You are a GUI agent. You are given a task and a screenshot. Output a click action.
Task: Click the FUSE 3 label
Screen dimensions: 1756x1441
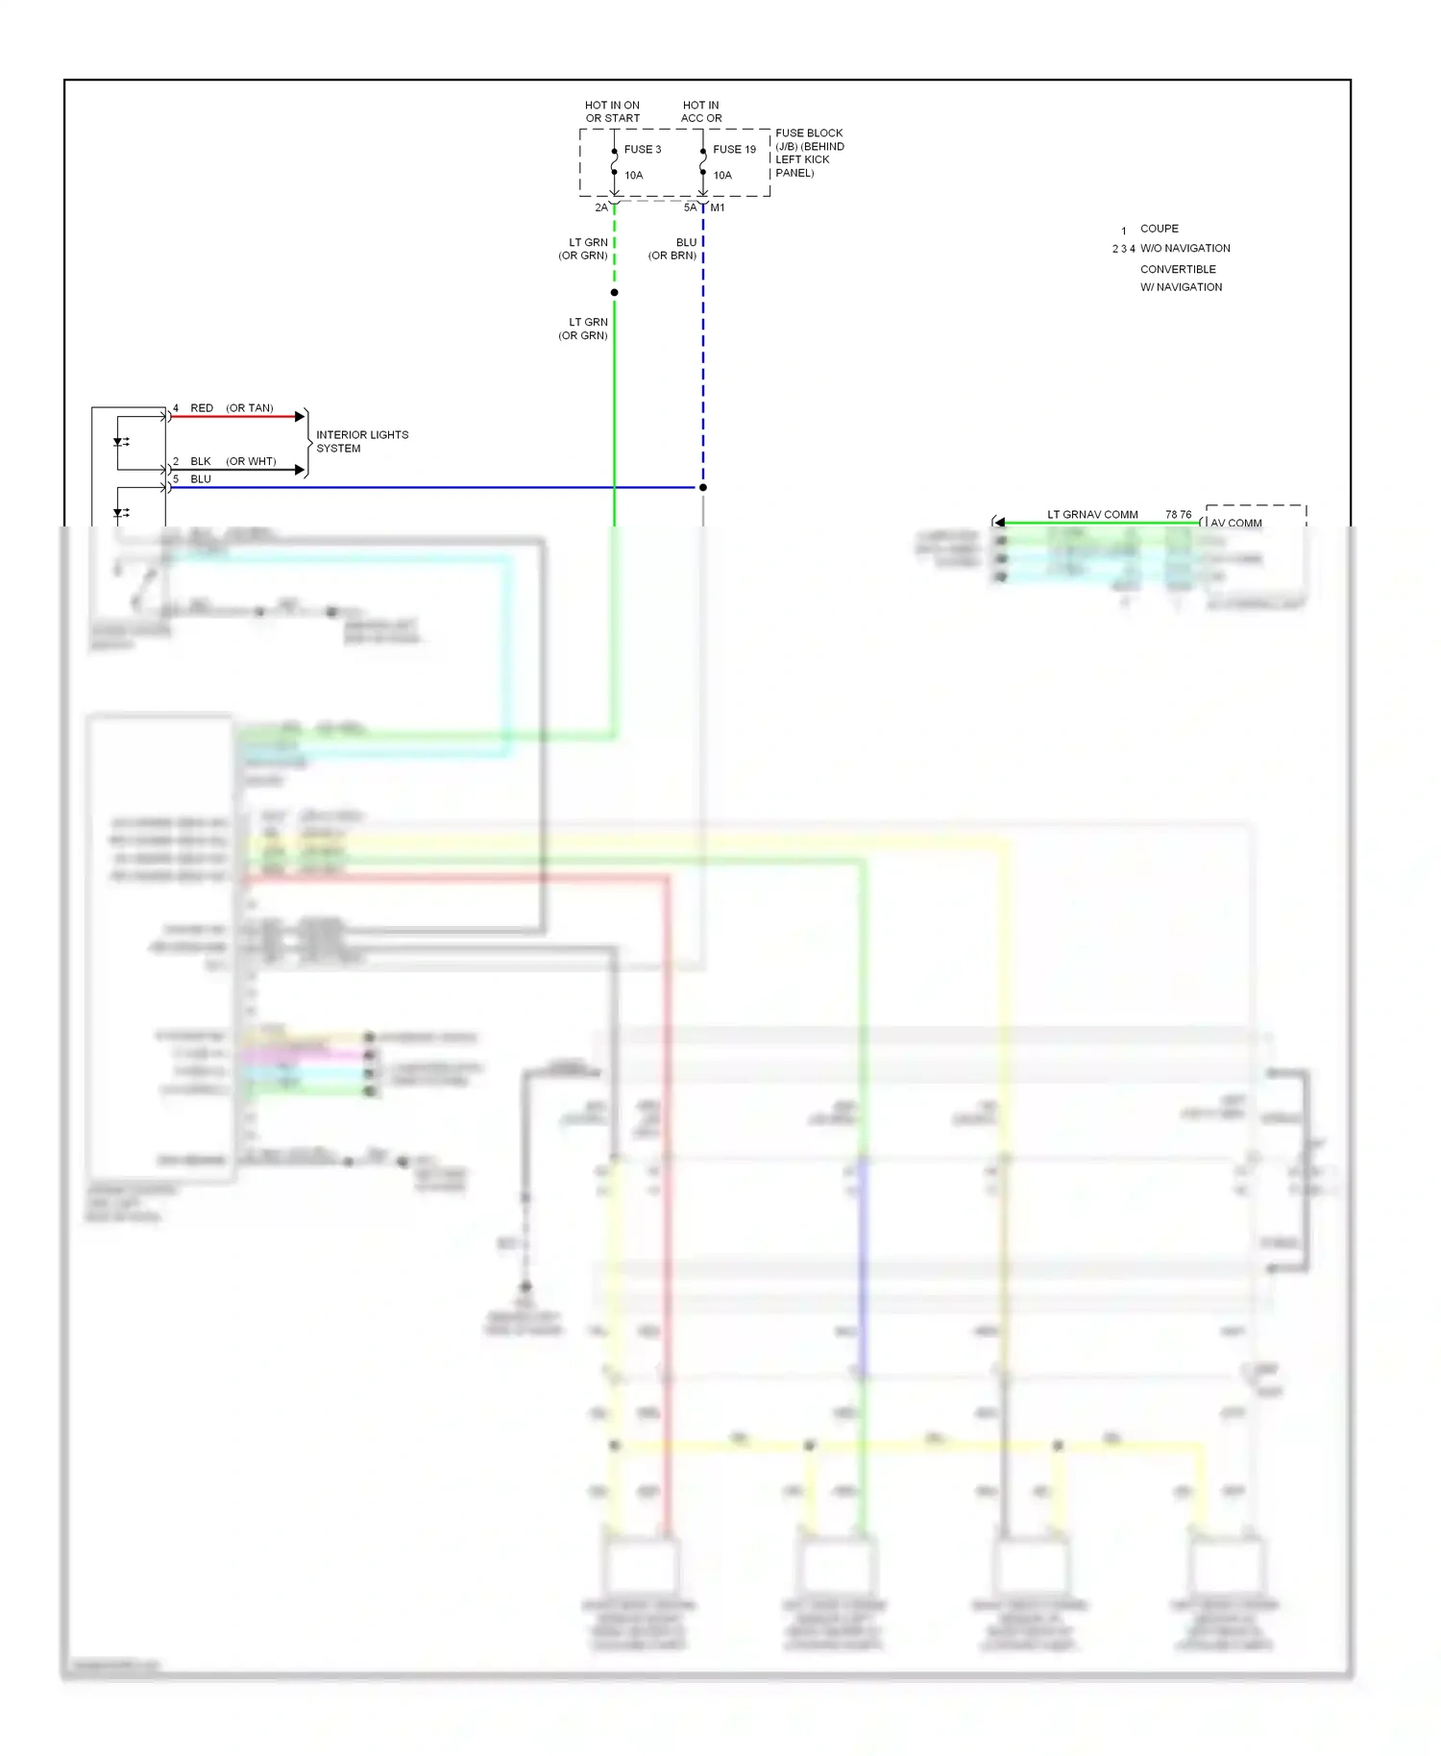click(642, 149)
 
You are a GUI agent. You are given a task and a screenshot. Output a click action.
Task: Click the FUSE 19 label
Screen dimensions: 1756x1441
click(734, 149)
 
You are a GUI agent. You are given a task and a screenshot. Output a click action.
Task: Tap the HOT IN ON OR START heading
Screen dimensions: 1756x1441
click(612, 111)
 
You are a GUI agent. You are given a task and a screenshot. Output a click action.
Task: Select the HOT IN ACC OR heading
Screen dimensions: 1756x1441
click(701, 111)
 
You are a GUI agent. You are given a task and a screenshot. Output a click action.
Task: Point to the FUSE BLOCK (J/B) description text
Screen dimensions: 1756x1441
click(809, 153)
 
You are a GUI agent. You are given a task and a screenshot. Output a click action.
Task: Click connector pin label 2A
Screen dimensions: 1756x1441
click(601, 207)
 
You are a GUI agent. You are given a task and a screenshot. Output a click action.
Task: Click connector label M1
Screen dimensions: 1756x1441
click(718, 207)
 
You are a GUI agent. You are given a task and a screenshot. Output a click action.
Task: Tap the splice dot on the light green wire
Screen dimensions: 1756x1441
click(614, 292)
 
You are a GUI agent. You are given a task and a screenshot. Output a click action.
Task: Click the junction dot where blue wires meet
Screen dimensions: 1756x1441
click(703, 487)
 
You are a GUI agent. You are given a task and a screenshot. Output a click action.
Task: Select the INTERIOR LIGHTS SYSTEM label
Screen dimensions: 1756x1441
click(361, 441)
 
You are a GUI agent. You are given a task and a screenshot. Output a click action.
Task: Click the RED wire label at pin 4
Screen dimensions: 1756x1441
click(202, 408)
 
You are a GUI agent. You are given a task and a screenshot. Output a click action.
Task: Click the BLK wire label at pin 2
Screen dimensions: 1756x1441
click(200, 461)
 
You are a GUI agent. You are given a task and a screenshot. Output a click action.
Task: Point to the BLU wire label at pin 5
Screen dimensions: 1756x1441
click(200, 478)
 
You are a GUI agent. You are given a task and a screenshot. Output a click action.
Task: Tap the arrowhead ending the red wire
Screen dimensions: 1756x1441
click(300, 416)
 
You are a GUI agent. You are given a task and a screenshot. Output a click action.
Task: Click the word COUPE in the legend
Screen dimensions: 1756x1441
click(1159, 229)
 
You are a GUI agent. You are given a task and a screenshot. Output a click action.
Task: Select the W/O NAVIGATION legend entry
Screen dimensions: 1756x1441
click(1185, 248)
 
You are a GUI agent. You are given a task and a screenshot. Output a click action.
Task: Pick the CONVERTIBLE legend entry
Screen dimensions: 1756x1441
click(1178, 269)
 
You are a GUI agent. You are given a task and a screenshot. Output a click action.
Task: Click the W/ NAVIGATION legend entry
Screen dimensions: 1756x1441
click(1181, 287)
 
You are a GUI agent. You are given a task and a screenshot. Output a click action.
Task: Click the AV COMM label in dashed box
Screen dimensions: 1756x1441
click(1235, 523)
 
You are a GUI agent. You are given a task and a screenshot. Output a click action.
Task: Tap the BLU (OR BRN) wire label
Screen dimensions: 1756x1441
click(673, 249)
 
